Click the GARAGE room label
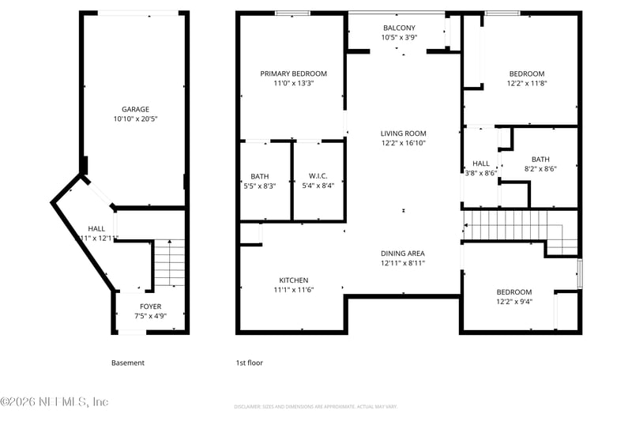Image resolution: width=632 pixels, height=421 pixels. click(x=135, y=110)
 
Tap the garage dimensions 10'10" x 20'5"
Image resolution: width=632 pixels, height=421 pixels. click(x=135, y=119)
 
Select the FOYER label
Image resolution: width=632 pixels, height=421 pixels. click(x=151, y=306)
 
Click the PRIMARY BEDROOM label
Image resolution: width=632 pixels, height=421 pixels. click(x=294, y=73)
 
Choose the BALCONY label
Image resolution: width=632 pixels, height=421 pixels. click(x=399, y=28)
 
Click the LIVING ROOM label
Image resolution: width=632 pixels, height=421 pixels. click(x=403, y=133)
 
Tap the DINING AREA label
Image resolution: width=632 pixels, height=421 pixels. click(x=403, y=254)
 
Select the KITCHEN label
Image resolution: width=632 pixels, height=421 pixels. click(x=294, y=280)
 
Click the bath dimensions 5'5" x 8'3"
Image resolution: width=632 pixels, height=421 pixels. click(x=260, y=186)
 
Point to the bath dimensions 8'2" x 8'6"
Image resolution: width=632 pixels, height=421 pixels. click(x=540, y=168)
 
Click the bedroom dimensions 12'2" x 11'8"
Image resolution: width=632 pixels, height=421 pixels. click(x=526, y=83)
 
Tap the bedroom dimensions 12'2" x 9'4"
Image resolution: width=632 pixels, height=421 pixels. click(x=513, y=301)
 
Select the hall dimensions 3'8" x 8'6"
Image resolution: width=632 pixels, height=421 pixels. click(x=480, y=173)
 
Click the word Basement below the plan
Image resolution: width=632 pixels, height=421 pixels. click(x=128, y=363)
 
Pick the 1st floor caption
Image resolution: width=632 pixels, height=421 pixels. click(x=250, y=363)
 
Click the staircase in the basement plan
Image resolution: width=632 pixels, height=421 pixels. click(x=168, y=264)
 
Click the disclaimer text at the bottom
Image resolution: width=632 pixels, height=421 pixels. click(x=315, y=407)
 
